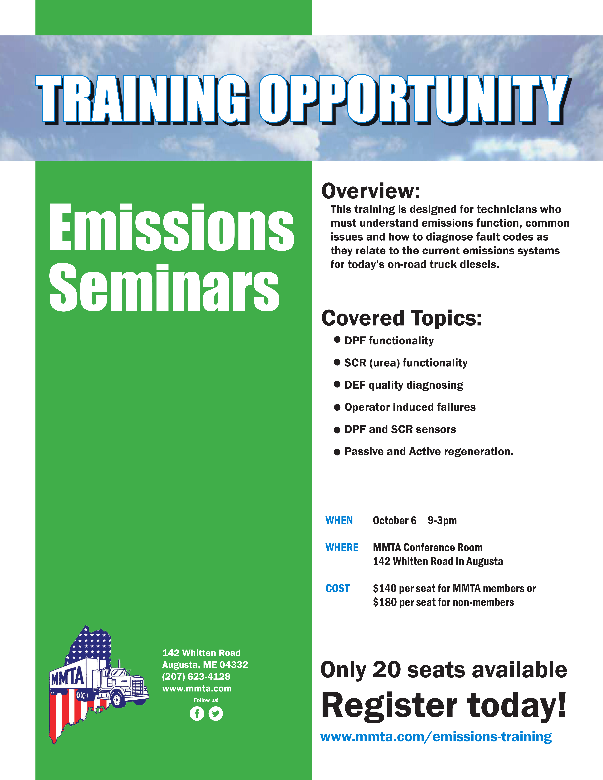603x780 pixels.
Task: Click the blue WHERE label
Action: pos(342,548)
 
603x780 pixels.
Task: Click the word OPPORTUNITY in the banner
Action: pos(413,99)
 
